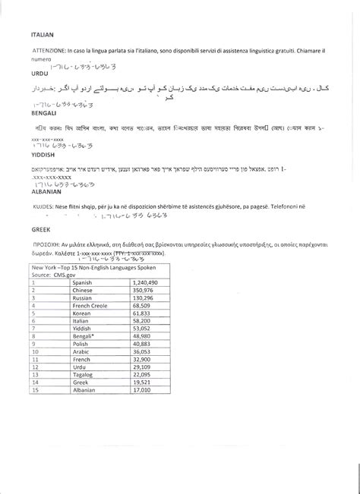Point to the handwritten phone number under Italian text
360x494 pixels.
tap(83, 68)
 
